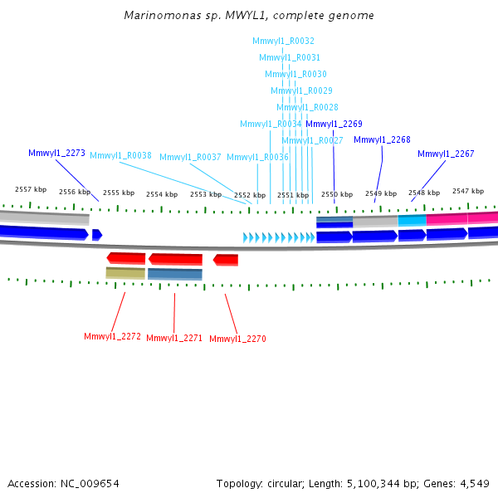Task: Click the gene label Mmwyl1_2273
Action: point(56,153)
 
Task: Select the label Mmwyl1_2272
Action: point(112,336)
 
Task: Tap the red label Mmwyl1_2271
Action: point(174,338)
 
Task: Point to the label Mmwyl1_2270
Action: point(237,339)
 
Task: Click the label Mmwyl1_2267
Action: point(446,154)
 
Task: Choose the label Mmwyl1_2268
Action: point(382,139)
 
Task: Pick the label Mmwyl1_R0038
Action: point(120,155)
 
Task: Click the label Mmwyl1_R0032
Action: point(283,41)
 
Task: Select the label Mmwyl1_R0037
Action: point(190,157)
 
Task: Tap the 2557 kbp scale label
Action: point(30,190)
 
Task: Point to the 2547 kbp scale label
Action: point(468,191)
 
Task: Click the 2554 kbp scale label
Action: point(161,194)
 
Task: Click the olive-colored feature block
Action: point(125,272)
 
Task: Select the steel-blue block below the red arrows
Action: point(175,273)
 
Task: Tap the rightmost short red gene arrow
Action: point(226,260)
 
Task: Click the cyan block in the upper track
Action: point(412,220)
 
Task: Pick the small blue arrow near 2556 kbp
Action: point(97,235)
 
